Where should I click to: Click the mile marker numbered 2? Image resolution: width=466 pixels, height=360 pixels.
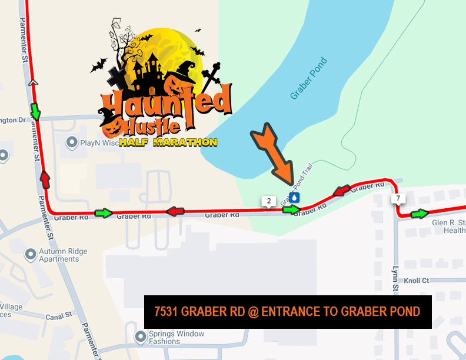click(269, 201)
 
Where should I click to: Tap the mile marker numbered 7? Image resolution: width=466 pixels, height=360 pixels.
click(398, 198)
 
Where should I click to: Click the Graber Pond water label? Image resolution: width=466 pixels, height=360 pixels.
click(308, 79)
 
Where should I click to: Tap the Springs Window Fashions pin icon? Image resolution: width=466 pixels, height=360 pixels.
click(140, 337)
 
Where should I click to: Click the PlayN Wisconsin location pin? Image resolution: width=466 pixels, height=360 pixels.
click(72, 142)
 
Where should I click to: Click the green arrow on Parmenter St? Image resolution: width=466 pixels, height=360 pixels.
click(36, 110)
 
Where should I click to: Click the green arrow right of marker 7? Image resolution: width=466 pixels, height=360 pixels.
click(420, 214)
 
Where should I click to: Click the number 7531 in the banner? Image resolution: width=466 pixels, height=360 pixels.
click(168, 312)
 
